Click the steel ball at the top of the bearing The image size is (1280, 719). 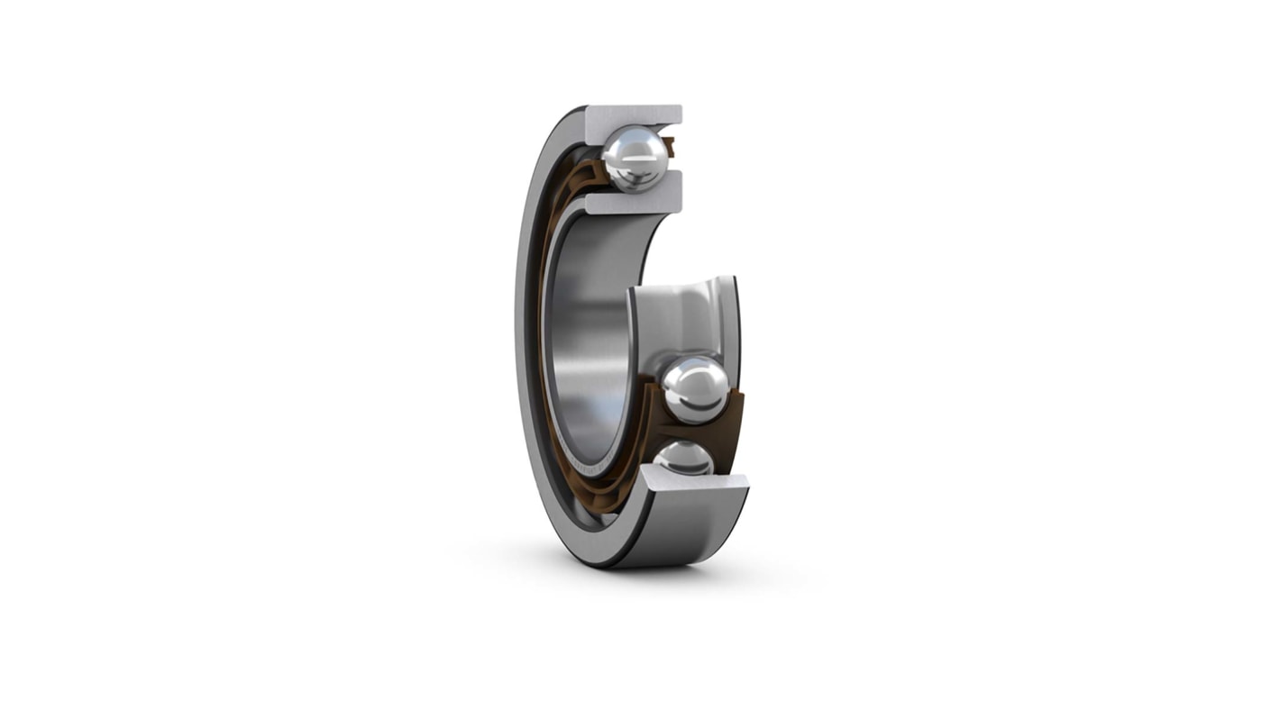635,159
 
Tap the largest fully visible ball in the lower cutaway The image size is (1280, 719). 695,389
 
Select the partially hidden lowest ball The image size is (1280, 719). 684,459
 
